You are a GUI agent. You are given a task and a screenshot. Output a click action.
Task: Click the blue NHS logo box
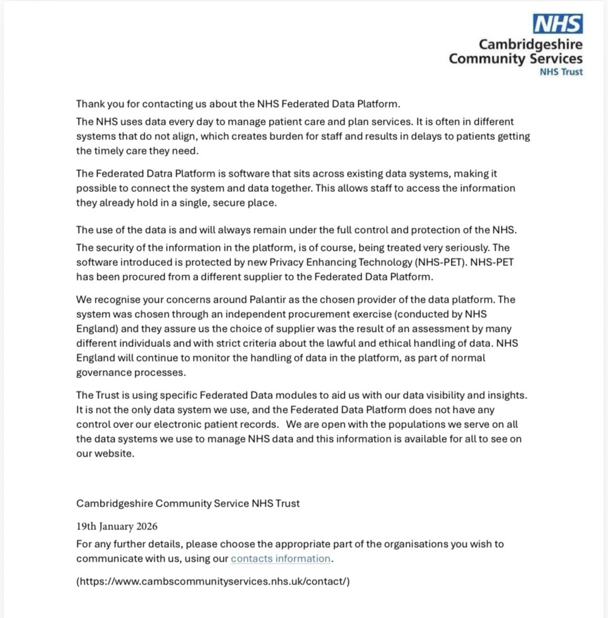[x=557, y=23]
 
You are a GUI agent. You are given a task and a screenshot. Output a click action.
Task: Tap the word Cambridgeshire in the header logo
[x=531, y=44]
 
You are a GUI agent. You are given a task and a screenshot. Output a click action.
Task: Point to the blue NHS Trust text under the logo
[x=561, y=72]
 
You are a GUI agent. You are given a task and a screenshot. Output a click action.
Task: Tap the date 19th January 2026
[x=117, y=526]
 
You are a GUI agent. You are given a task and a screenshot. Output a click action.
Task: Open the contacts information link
[x=281, y=558]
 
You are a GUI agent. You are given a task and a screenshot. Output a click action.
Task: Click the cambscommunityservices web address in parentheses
[x=213, y=581]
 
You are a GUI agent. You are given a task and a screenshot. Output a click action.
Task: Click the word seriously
[x=466, y=248]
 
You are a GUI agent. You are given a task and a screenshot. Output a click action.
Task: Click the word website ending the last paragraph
[x=115, y=453]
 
